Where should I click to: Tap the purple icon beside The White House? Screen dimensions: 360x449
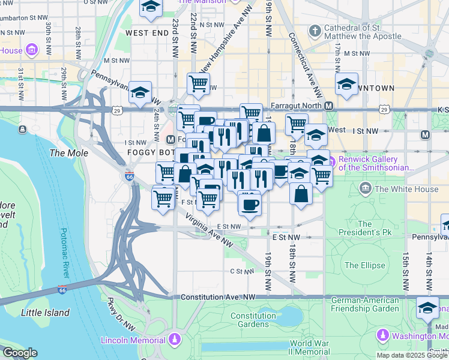click(x=364, y=190)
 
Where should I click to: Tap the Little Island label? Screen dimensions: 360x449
click(x=44, y=313)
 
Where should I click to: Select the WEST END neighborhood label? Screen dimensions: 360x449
click(x=147, y=32)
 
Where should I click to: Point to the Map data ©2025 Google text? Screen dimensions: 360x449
click(x=412, y=355)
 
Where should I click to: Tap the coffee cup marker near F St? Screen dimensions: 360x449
click(x=249, y=203)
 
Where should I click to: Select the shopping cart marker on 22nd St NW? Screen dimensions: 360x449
click(x=198, y=83)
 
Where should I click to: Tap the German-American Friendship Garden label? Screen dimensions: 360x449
click(x=365, y=304)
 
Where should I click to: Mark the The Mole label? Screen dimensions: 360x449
click(x=68, y=153)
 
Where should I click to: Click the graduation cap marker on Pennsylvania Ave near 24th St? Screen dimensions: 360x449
click(x=140, y=93)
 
